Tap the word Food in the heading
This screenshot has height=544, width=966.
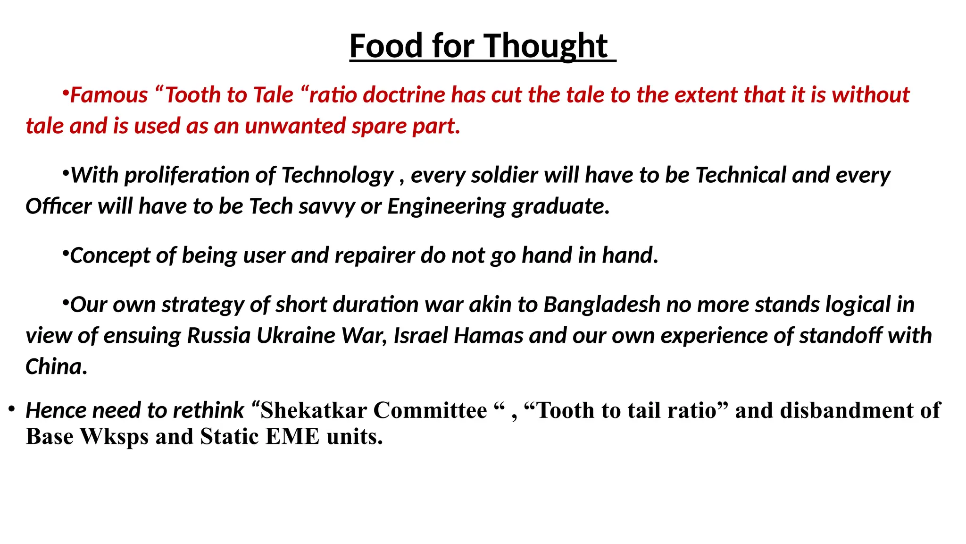point(386,46)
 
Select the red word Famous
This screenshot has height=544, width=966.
point(109,95)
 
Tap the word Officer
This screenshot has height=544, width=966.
point(58,206)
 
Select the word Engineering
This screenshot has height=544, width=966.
point(446,206)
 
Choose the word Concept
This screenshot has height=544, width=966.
point(110,255)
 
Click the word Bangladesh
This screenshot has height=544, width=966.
point(602,305)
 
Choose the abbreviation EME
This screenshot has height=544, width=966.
point(292,436)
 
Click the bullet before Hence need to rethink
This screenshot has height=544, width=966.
point(12,409)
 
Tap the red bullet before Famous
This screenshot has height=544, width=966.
point(66,92)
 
